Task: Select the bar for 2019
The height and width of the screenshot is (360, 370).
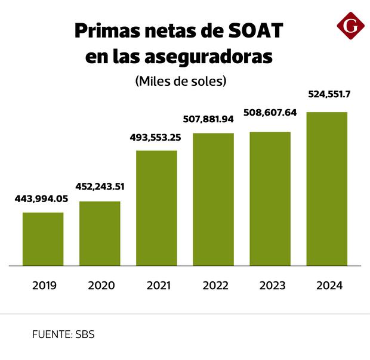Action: (43, 238)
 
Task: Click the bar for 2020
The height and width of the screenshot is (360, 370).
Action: (100, 233)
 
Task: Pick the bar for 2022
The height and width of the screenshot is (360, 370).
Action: (213, 199)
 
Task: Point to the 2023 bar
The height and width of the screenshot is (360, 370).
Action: (270, 198)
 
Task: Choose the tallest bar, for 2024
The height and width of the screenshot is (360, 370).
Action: (326, 188)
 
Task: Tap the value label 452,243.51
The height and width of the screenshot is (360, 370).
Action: (100, 186)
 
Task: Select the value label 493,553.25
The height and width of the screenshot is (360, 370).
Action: (156, 138)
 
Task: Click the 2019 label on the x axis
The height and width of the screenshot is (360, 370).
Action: (44, 285)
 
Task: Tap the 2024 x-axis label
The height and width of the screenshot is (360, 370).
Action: (329, 285)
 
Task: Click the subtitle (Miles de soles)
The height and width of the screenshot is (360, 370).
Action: (181, 80)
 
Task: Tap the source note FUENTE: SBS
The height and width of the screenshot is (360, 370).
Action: (63, 334)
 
